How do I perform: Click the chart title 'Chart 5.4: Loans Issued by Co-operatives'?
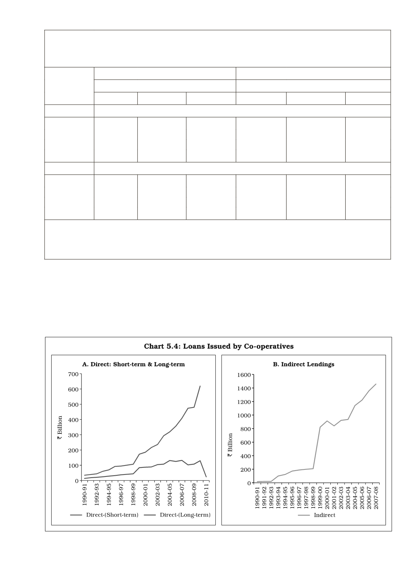[218, 346]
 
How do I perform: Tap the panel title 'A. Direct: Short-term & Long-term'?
[133, 364]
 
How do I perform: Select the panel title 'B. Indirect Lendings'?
[303, 364]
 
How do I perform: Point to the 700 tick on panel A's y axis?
[74, 374]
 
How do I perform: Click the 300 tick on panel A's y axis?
[74, 435]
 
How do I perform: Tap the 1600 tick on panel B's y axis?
[243, 375]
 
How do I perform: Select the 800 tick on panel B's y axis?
[245, 429]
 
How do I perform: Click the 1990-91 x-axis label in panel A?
[85, 496]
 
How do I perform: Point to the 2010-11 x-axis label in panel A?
[206, 496]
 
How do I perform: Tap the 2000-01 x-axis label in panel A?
[145, 496]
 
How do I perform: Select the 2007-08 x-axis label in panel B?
[376, 497]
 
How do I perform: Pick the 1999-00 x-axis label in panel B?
[320, 497]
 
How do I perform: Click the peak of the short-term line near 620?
[200, 386]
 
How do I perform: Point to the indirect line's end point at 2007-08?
[376, 384]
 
